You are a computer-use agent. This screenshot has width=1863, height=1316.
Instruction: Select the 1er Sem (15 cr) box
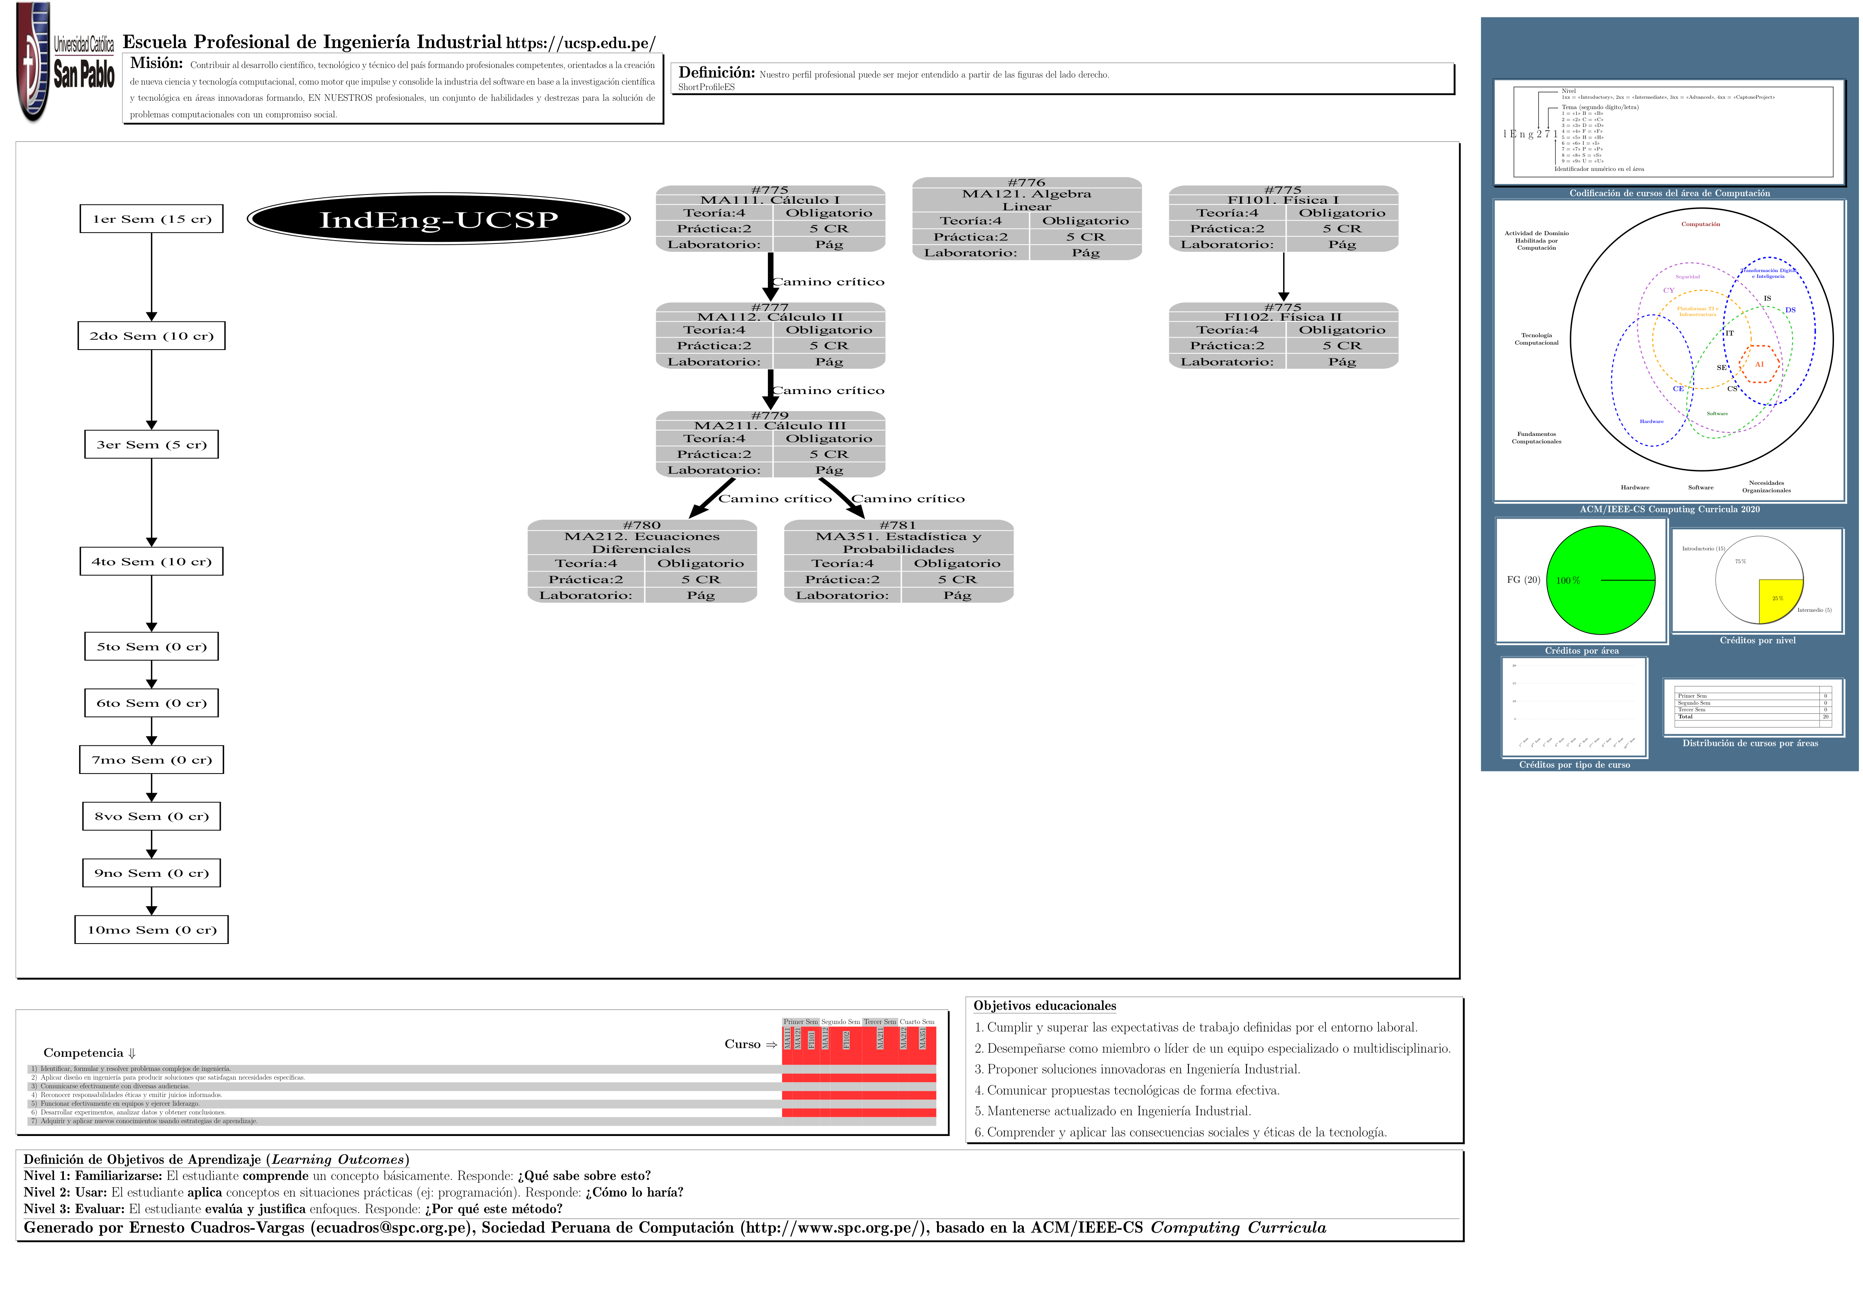(152, 219)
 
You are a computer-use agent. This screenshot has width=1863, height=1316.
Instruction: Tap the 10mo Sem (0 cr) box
(152, 930)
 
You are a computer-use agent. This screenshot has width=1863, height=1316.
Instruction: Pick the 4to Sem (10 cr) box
(152, 562)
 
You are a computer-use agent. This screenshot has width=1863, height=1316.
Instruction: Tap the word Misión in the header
(157, 63)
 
